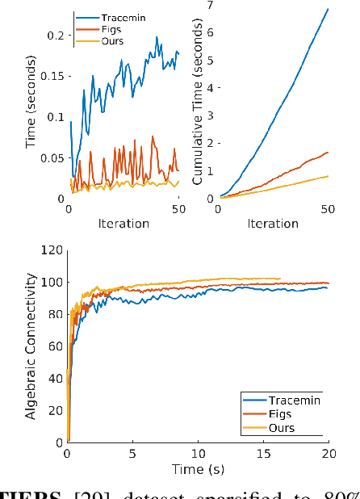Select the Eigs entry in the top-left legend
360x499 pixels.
[112, 29]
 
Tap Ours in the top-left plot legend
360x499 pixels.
[112, 41]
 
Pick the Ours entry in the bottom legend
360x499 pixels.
[282, 428]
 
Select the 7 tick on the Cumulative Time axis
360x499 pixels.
[209, 6]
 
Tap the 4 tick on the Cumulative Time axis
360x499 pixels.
[209, 88]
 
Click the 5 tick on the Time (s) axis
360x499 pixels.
[132, 453]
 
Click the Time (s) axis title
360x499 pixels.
[197, 469]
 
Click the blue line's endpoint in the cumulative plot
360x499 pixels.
[327, 9]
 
